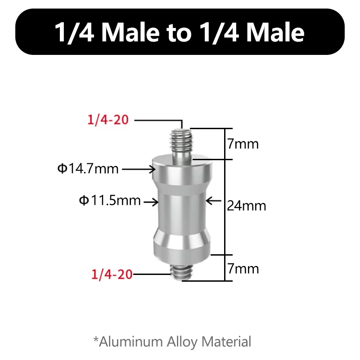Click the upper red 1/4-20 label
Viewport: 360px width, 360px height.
pyautogui.click(x=108, y=120)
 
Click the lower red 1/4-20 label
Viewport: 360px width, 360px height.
pyautogui.click(x=112, y=274)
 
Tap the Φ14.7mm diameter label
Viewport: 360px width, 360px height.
pyautogui.click(x=88, y=169)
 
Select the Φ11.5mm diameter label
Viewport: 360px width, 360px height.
pyautogui.click(x=110, y=200)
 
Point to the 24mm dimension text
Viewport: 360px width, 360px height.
pyautogui.click(x=246, y=206)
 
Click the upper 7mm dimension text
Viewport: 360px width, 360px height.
pyautogui.click(x=243, y=144)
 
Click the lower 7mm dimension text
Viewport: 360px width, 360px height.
pyautogui.click(x=243, y=269)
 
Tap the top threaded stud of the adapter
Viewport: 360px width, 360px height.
pyautogui.click(x=182, y=144)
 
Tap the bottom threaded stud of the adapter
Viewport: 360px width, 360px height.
pyautogui.click(x=181, y=272)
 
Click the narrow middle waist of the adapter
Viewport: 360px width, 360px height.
pyautogui.click(x=181, y=210)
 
